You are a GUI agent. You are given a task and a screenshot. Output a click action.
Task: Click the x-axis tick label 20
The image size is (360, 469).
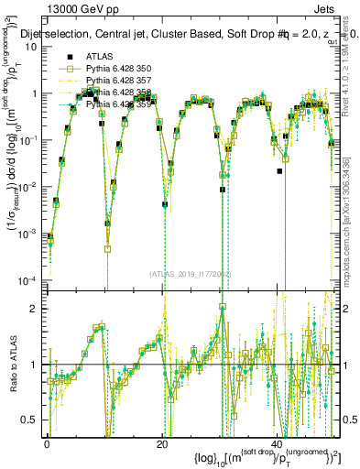click(162, 443)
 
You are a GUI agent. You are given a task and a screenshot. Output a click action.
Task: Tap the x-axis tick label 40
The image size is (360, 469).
click(278, 443)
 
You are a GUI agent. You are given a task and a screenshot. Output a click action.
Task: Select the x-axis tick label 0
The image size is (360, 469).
click(47, 443)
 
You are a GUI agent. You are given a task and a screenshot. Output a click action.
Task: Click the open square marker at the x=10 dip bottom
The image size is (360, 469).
click(107, 248)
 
